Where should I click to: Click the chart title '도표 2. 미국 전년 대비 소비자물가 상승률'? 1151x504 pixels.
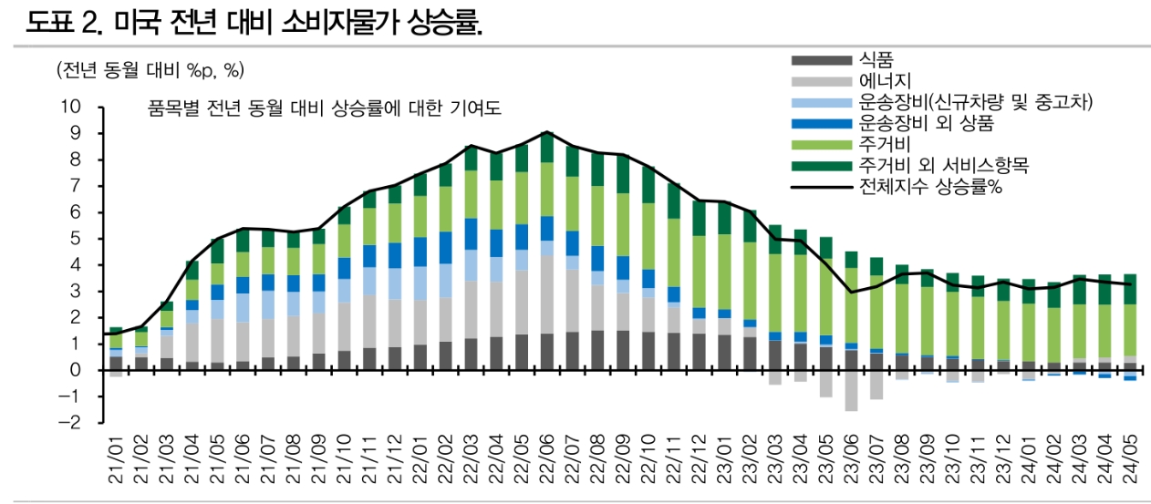254,22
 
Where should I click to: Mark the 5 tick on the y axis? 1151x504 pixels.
77,239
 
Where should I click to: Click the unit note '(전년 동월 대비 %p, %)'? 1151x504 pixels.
150,70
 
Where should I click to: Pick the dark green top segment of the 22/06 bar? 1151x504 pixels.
546,148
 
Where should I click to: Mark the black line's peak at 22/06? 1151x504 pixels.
546,132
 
